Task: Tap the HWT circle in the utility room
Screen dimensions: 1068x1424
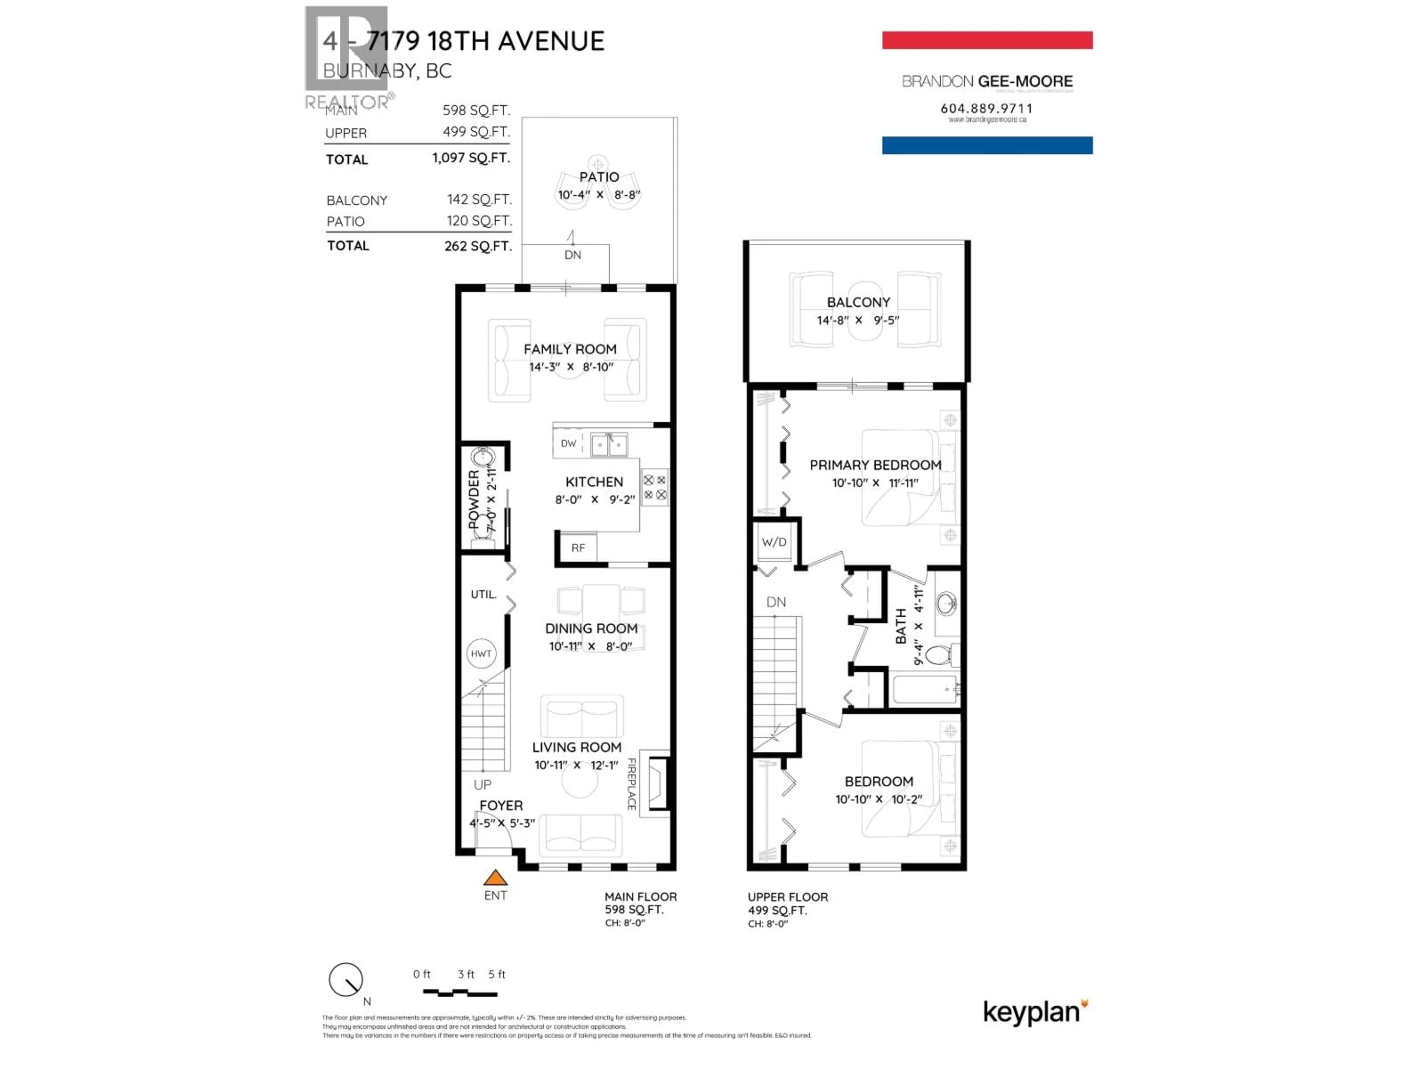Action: point(481,653)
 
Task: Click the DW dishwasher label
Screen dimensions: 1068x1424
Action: point(568,444)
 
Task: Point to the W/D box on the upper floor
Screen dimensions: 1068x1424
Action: point(774,542)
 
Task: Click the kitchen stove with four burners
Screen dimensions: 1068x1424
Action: point(655,487)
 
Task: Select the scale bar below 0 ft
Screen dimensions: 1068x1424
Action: point(459,993)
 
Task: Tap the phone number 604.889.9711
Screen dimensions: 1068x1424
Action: point(986,108)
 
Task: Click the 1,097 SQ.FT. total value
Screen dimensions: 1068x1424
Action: point(471,158)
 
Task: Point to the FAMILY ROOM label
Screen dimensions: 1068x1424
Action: point(570,349)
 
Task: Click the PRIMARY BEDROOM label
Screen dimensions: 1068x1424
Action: point(875,465)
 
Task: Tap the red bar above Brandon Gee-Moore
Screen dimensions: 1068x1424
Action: point(986,40)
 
